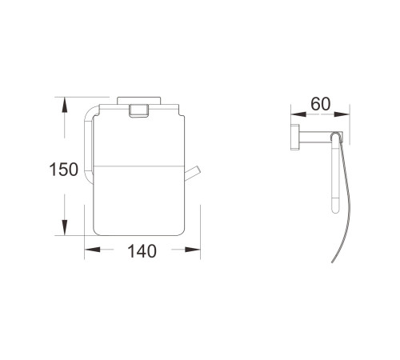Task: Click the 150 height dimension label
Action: [64, 170]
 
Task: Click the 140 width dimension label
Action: [142, 251]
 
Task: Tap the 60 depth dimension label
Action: [321, 104]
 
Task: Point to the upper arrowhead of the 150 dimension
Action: [64, 105]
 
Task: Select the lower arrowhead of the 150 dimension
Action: [64, 227]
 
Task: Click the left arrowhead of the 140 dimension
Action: [92, 250]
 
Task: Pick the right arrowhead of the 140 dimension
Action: [193, 250]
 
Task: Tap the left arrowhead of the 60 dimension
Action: [298, 114]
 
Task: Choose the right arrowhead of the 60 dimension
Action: [342, 114]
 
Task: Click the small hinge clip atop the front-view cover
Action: [138, 110]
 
